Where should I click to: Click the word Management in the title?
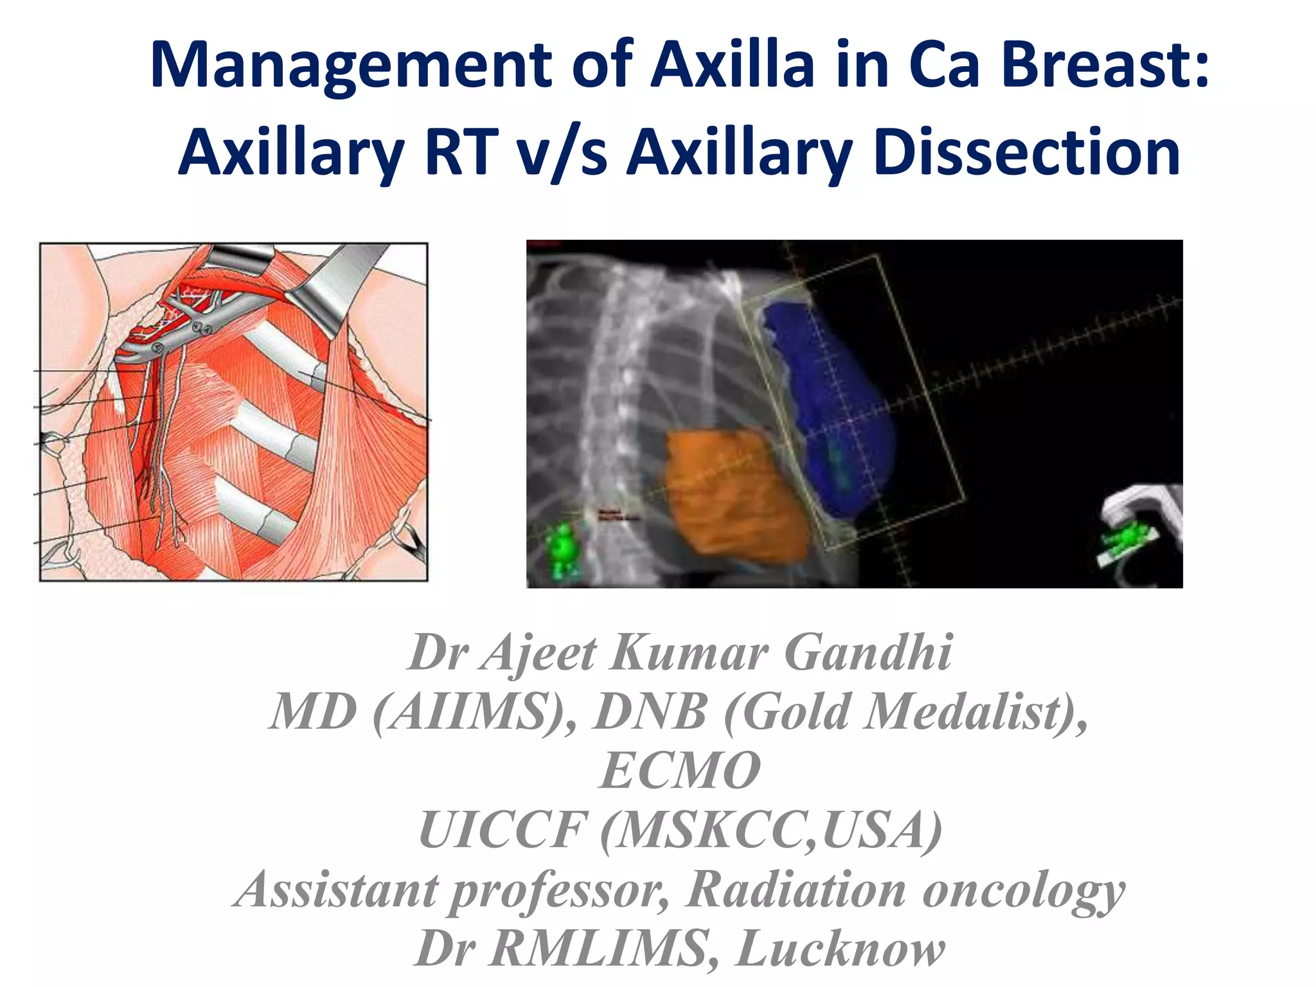(350, 66)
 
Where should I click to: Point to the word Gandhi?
(868, 653)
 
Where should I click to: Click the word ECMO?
(680, 770)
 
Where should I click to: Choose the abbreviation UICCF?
(502, 830)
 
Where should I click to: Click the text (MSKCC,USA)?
(771, 831)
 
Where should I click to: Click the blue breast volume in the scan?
(829, 398)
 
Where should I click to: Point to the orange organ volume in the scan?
(733, 495)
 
